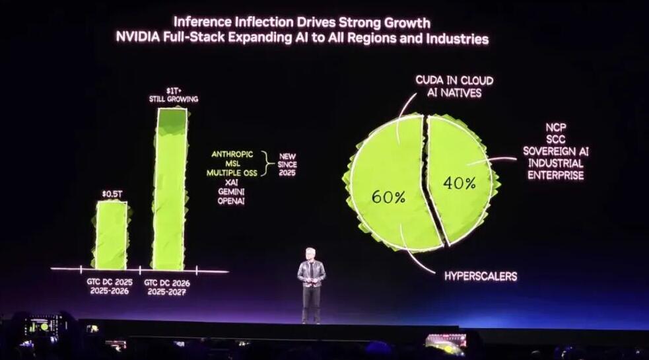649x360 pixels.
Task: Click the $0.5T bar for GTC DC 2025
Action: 111,234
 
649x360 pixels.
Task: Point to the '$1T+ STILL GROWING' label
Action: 173,94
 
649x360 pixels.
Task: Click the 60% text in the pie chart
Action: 388,197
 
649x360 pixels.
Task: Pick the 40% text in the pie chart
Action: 459,183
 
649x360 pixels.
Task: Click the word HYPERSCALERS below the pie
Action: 480,276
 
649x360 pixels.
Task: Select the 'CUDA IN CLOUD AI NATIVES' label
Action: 454,87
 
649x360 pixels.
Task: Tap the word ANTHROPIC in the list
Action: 232,154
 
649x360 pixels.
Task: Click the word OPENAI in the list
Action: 231,201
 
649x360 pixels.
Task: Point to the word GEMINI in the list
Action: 231,191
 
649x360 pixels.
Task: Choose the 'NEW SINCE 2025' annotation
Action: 287,164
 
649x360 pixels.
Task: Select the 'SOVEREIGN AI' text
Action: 555,151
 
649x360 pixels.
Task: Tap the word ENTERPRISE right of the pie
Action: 555,176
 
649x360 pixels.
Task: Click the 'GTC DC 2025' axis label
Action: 110,281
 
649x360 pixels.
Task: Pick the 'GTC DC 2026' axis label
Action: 167,281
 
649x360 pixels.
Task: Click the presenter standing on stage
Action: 311,284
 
